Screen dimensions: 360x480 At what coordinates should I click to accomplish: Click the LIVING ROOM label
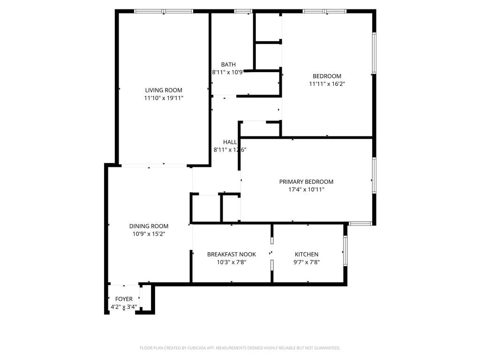coord(164,90)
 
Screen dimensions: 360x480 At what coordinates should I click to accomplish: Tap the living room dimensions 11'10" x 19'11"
coord(164,98)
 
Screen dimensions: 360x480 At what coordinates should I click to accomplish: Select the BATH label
coord(228,65)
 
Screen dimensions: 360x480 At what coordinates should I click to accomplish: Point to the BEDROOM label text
coord(327,76)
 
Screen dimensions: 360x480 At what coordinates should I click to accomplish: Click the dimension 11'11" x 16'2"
coord(327,84)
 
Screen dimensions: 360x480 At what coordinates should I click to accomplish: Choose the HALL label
coord(230,142)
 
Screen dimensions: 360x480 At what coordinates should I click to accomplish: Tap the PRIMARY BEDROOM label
coord(306,182)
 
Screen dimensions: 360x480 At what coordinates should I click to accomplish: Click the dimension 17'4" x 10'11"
coord(306,189)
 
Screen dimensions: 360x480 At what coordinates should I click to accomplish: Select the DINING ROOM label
coord(149,226)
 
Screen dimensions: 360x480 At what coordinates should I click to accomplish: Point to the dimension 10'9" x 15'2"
coord(149,233)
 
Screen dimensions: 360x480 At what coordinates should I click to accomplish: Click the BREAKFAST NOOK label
coord(232,255)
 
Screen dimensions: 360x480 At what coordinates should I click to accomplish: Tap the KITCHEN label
coord(307,255)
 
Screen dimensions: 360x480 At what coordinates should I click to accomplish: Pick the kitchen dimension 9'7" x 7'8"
coord(307,262)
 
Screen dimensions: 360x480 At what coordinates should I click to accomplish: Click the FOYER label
coord(124,299)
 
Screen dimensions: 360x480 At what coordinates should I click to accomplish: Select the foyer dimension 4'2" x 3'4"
coord(124,307)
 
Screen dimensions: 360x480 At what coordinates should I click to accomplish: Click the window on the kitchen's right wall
coord(345,251)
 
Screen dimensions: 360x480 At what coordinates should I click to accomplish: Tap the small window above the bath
coord(243,11)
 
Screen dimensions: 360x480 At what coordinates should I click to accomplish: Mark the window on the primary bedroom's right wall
coord(374,175)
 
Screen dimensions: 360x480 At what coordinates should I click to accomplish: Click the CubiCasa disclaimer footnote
coord(240,348)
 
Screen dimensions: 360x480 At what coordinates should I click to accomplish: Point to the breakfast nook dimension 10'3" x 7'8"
coord(232,262)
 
